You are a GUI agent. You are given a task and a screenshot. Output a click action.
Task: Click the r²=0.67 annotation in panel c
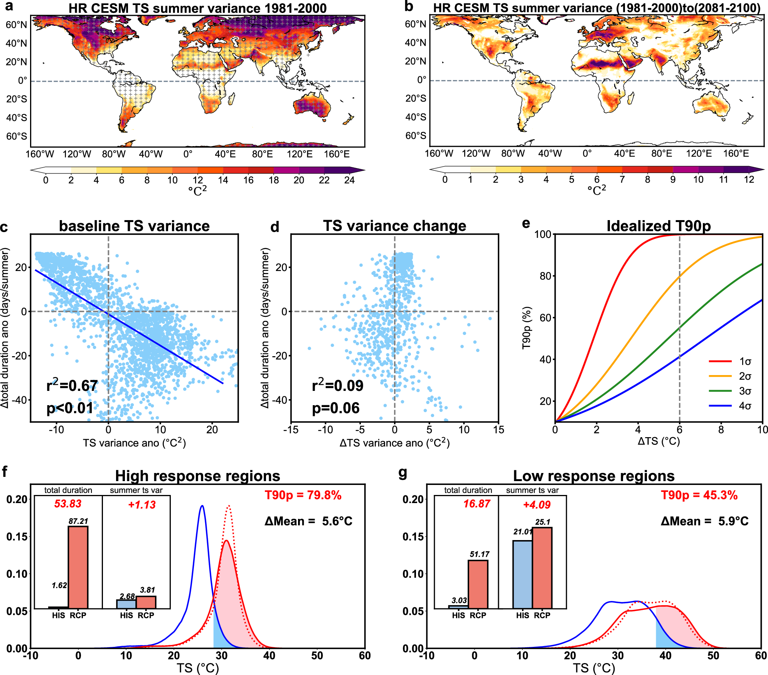coord(72,385)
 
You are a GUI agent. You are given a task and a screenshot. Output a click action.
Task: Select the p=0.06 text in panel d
coord(335,408)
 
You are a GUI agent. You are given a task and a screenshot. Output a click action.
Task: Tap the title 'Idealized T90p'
coord(659,226)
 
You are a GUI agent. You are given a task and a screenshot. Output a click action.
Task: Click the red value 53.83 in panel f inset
coord(68,504)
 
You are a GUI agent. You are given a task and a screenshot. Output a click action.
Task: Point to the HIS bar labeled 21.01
coord(523,574)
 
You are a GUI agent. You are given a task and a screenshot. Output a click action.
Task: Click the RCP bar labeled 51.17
coord(478,584)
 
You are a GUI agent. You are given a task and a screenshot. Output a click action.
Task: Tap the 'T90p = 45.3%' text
coord(699,495)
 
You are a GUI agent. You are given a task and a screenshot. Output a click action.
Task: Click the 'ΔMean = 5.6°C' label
coord(308,522)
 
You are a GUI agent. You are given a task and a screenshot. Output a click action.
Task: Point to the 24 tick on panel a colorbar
coord(349,180)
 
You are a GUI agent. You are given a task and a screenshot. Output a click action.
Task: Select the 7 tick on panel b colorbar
coord(622,179)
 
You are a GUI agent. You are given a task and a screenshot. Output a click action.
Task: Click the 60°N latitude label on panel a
coord(16,25)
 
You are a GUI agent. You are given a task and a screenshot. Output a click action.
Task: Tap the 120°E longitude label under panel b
coord(699,153)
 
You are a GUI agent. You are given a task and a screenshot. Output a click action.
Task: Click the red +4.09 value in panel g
coord(537,505)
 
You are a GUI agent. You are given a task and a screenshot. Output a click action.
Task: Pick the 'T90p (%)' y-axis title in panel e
coord(527,328)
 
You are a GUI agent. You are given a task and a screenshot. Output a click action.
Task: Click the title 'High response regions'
coord(197,476)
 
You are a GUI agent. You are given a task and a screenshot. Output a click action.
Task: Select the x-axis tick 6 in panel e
coord(679,429)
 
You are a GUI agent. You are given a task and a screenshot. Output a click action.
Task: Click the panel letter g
coord(403,472)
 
